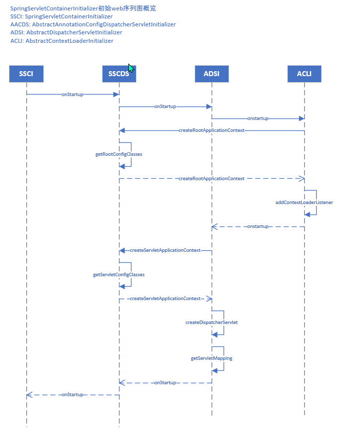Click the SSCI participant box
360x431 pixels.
[26, 74]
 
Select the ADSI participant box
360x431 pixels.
[212, 74]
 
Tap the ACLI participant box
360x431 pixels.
[304, 74]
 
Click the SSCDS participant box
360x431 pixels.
[119, 74]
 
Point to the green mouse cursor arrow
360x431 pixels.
[131, 68]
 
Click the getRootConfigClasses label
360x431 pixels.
[119, 154]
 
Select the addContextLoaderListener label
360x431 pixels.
[304, 203]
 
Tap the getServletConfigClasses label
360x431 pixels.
[119, 274]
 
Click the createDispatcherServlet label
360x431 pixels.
[212, 323]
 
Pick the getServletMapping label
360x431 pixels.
[212, 358]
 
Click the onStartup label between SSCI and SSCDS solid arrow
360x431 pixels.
[72, 94]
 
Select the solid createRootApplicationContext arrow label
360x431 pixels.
[212, 130]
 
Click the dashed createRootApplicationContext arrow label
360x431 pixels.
[212, 178]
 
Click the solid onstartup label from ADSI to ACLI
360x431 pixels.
[258, 118]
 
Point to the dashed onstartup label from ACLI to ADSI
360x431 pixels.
[258, 226]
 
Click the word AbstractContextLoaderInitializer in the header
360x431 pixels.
[70, 41]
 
